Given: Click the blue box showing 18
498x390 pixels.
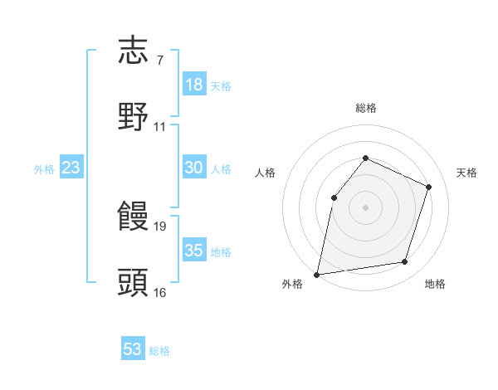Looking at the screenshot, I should point(194,85).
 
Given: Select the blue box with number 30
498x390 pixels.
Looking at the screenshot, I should point(194,168).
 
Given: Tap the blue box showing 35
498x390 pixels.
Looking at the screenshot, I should point(194,251).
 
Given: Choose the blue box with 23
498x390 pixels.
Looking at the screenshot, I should point(71,168).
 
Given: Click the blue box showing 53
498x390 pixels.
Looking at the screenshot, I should point(133,349).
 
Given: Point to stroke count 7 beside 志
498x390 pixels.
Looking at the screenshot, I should point(159,61).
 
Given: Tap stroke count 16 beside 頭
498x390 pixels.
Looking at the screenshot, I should point(160,292).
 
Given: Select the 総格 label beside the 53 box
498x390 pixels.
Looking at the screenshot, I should point(160,351).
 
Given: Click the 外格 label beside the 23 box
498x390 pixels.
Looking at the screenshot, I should point(44,169).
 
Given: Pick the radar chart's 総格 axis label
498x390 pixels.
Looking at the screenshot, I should point(365,108).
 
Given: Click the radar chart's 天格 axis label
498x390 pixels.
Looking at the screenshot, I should point(466,173).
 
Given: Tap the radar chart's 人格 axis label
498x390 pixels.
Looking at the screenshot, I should point(266,173).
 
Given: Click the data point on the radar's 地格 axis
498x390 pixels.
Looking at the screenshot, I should point(405,262).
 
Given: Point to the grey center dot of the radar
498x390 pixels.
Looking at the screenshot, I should point(365,207).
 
